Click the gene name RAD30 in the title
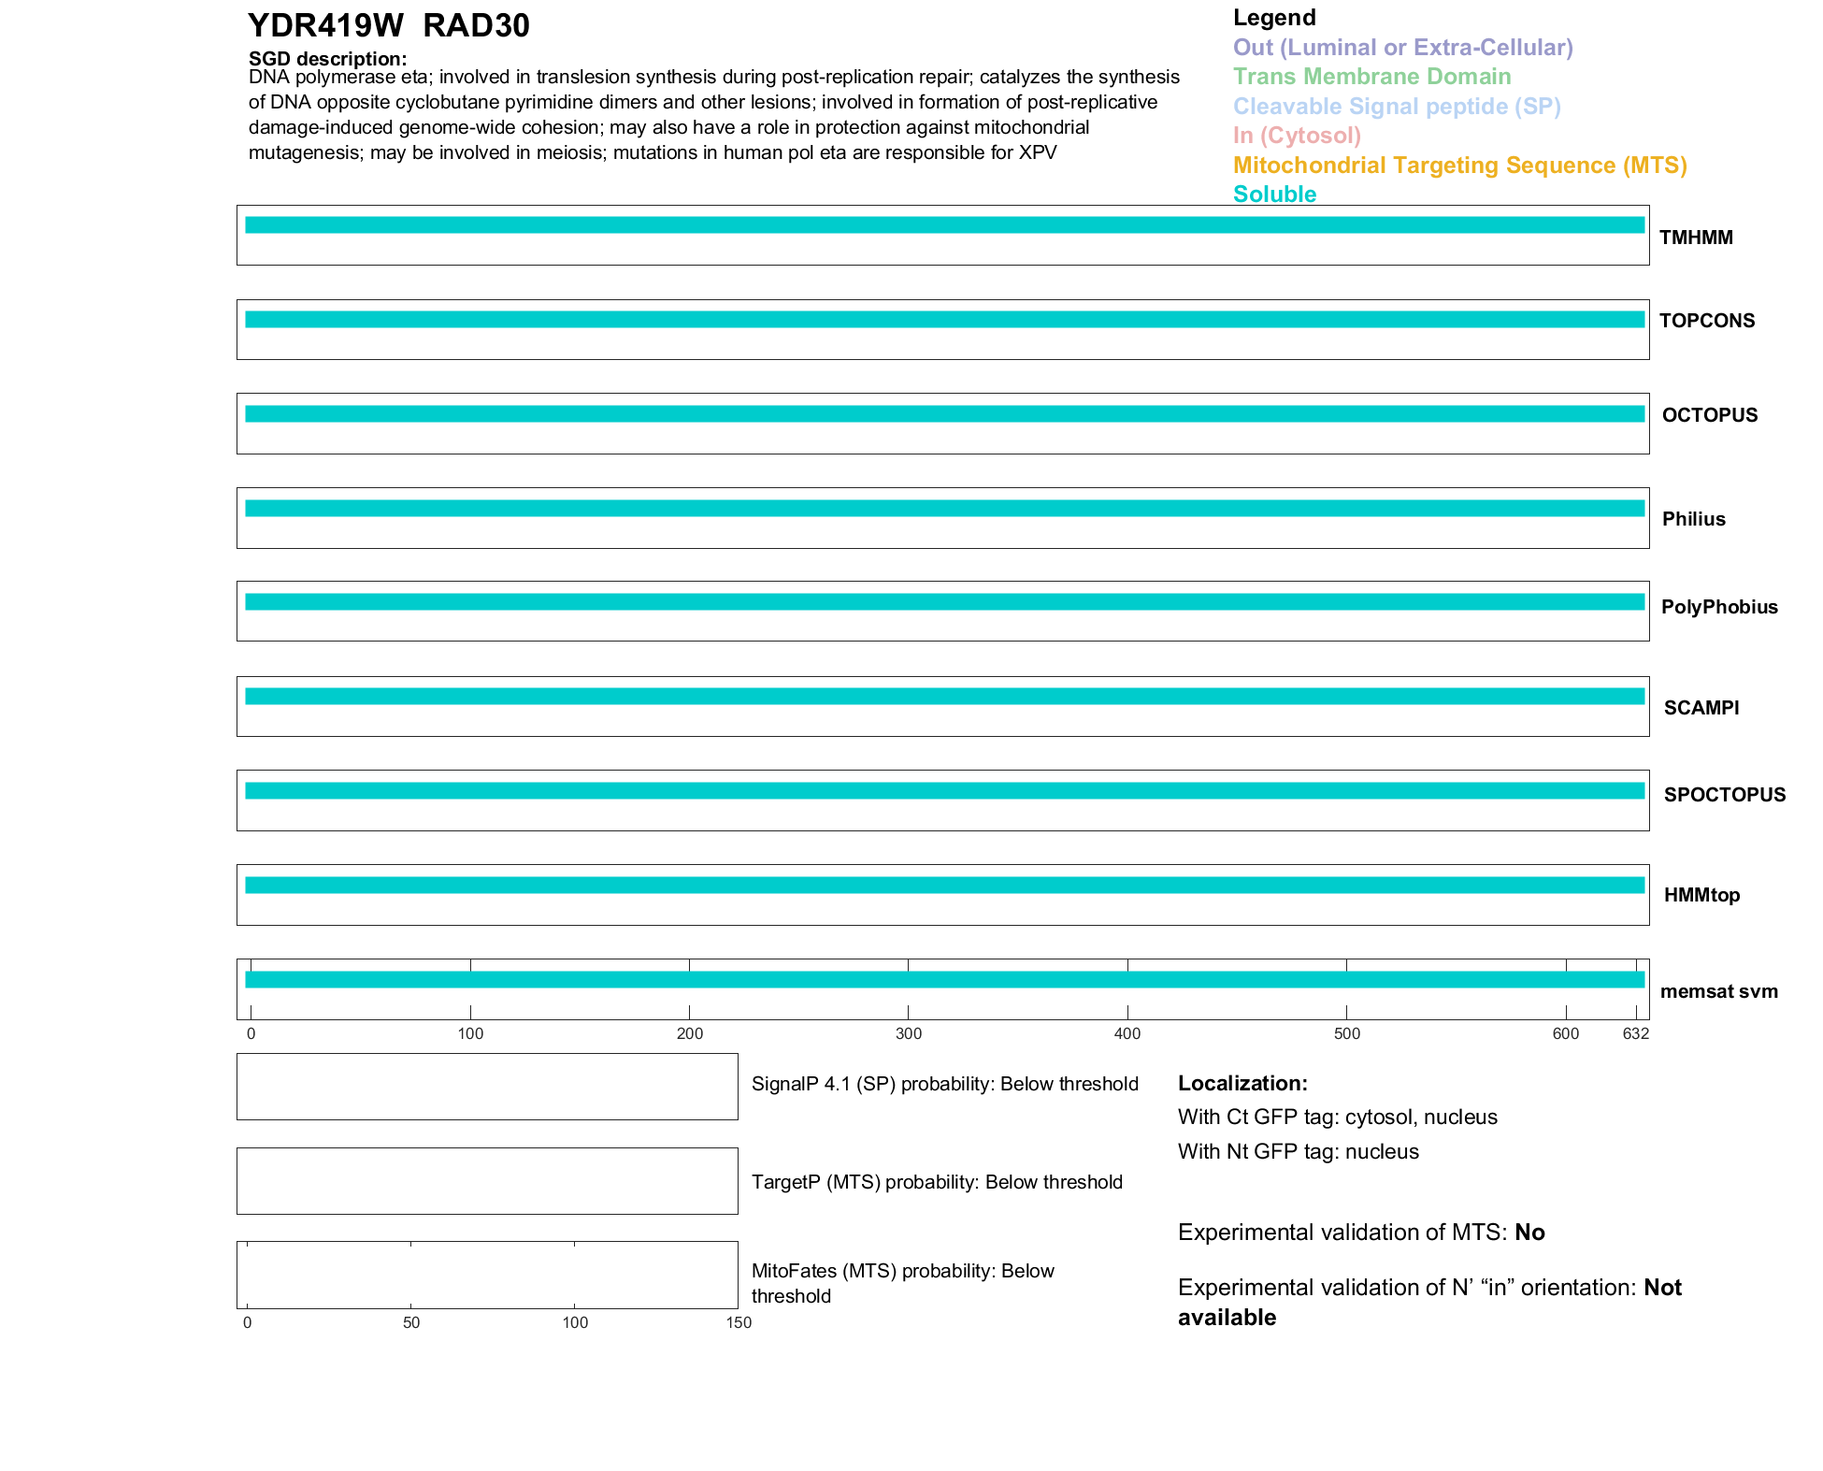tap(476, 26)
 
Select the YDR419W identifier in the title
tap(325, 26)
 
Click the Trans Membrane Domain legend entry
tap(1371, 77)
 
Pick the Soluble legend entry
tap(1274, 195)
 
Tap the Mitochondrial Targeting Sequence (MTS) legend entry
tap(1459, 166)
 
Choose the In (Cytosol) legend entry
tap(1297, 136)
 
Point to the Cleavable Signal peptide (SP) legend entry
tap(1397, 107)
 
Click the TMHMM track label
tap(1696, 238)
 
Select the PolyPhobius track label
tap(1719, 607)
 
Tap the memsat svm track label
tap(1718, 991)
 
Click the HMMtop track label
tap(1701, 895)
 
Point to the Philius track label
tap(1693, 519)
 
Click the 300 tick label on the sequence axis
tap(909, 1033)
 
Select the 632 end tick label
tap(1635, 1033)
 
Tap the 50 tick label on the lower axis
tap(411, 1322)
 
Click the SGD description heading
tap(327, 59)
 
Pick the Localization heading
tap(1242, 1083)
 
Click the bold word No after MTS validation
tap(1529, 1233)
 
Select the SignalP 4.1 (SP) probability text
tap(944, 1084)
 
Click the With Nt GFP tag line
tap(1298, 1151)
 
